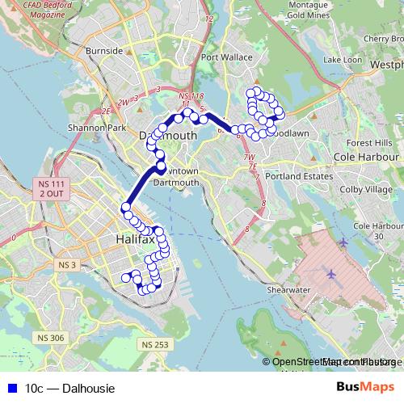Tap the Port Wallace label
[223, 57]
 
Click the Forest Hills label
[368, 142]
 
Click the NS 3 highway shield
[66, 264]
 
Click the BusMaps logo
[365, 388]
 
